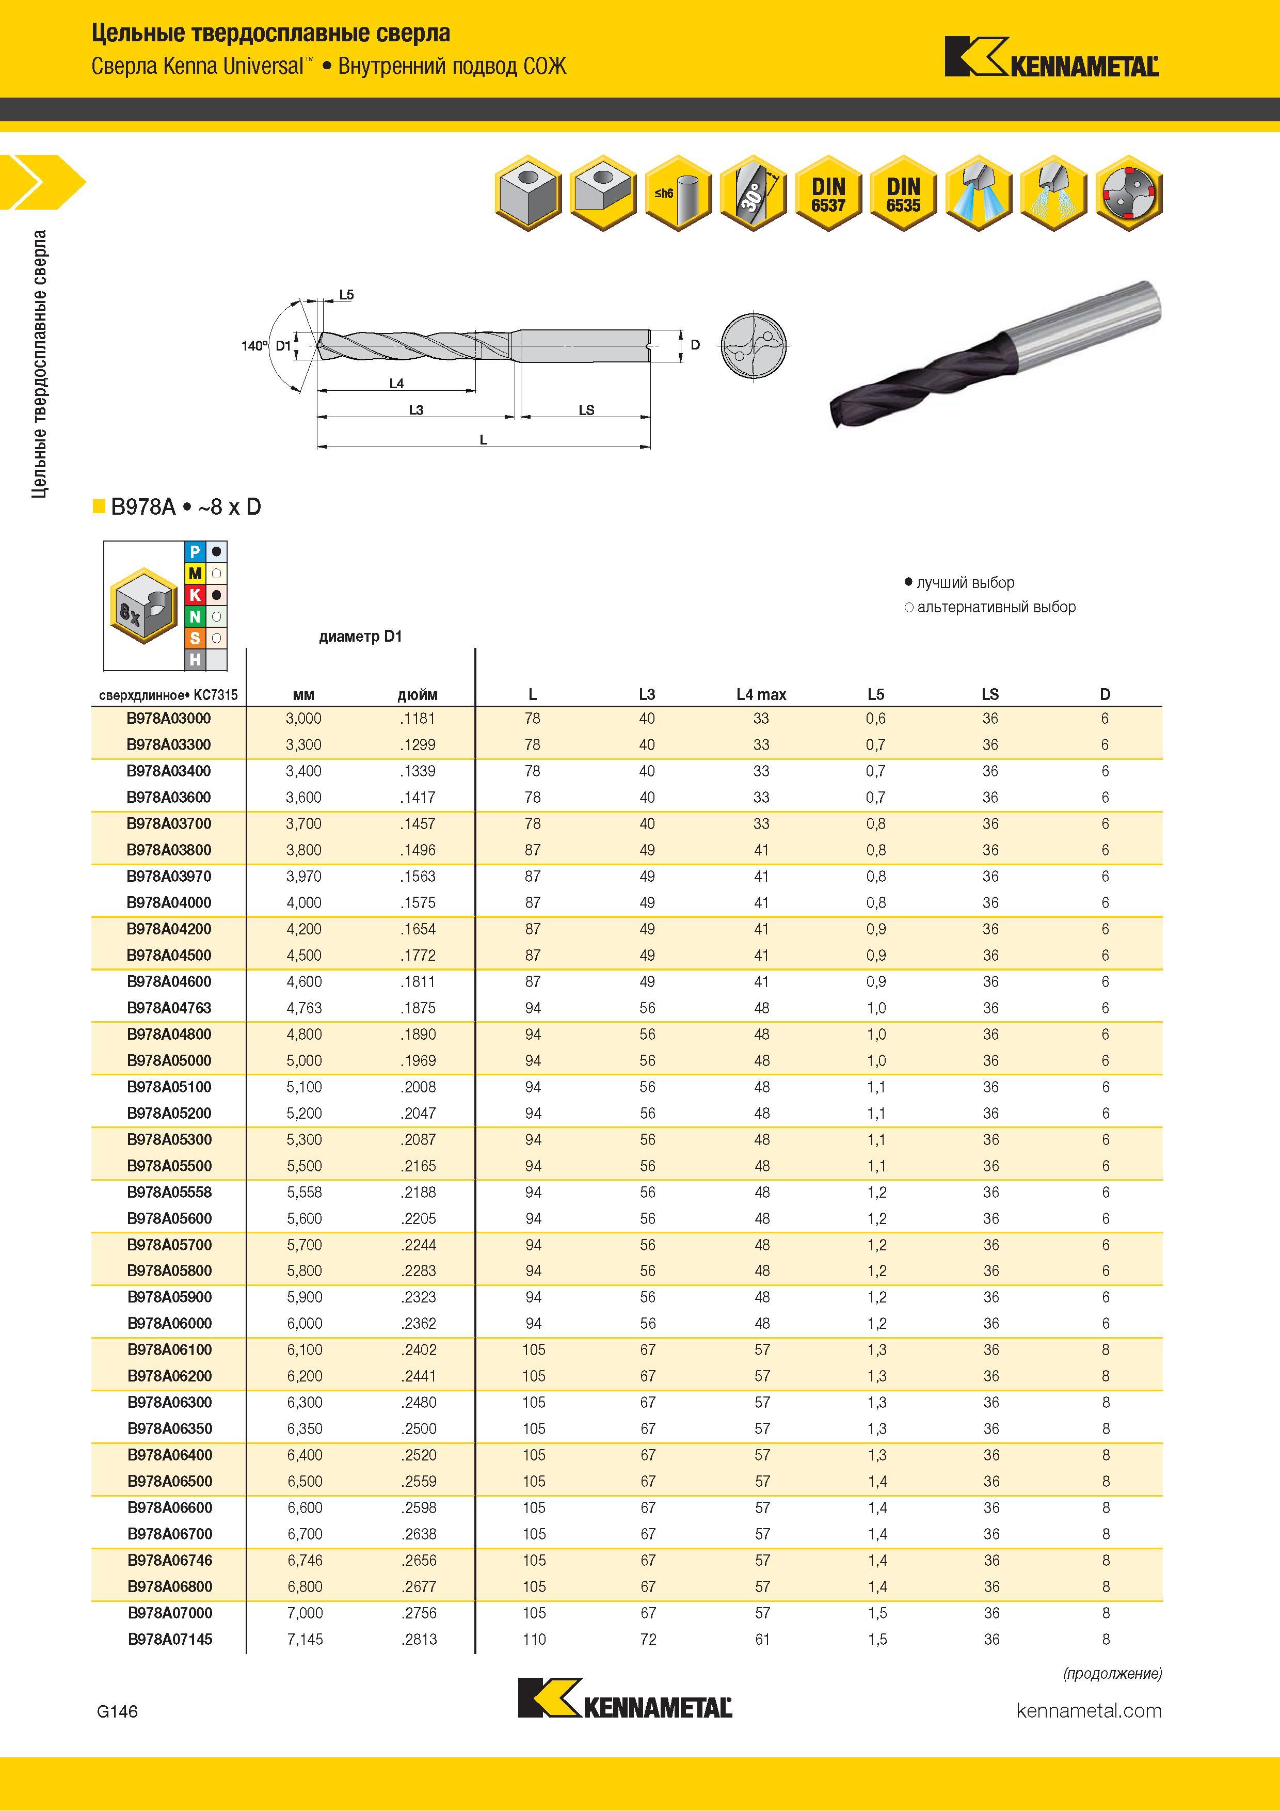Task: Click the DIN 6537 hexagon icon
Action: pyautogui.click(x=828, y=193)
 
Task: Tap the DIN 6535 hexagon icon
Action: pyautogui.click(x=903, y=193)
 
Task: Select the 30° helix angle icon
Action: pyautogui.click(x=753, y=193)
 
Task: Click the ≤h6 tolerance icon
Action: pyautogui.click(x=678, y=193)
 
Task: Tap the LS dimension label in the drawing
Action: pyautogui.click(x=586, y=410)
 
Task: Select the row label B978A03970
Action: pyautogui.click(x=169, y=876)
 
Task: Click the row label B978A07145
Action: pyautogui.click(x=170, y=1639)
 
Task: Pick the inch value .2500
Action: pyautogui.click(x=418, y=1428)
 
